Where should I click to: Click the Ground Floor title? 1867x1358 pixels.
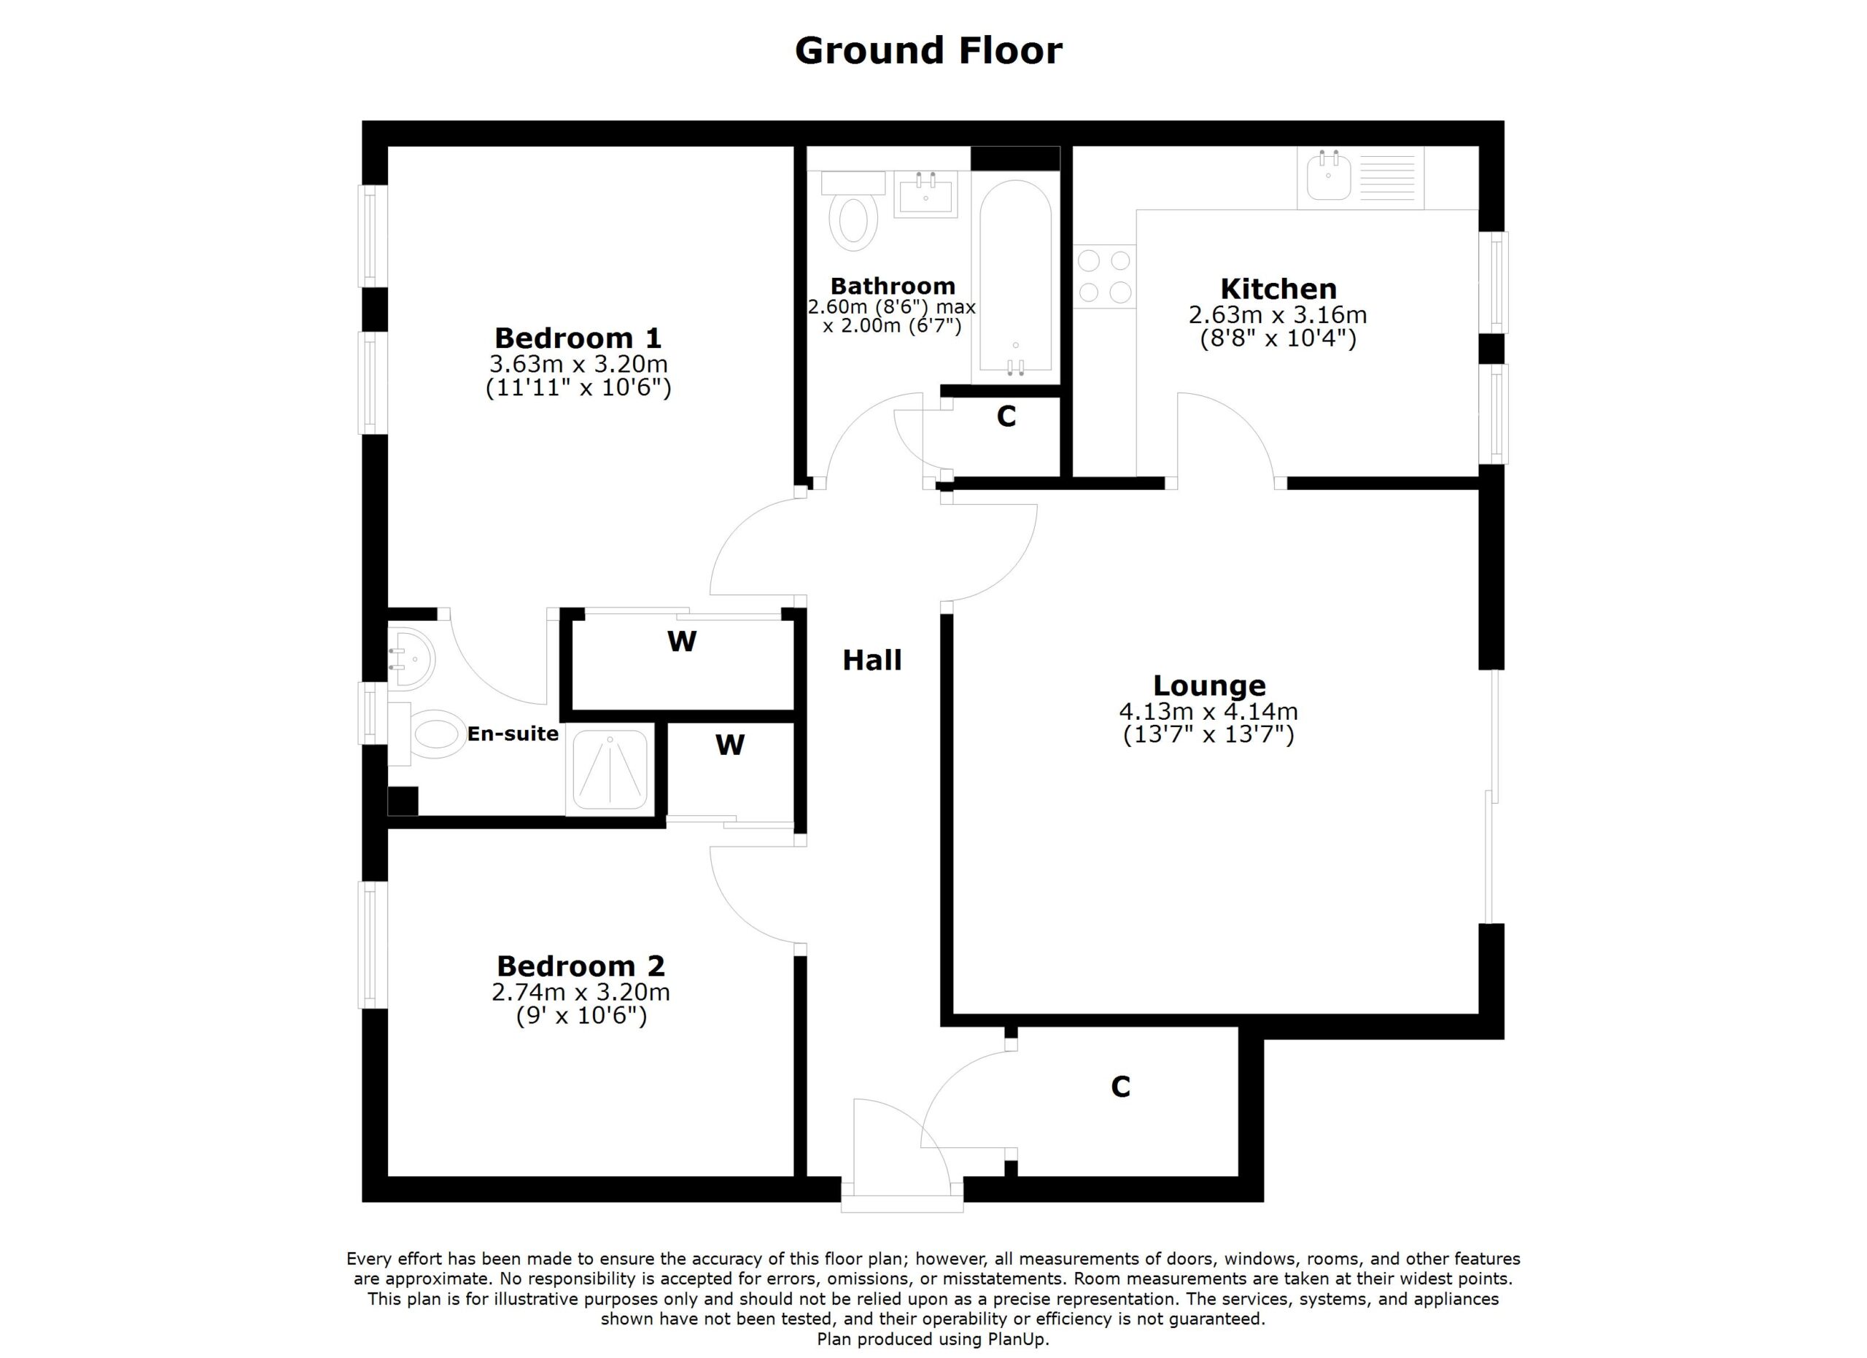pos(928,51)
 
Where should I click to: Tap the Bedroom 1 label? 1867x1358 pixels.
pos(578,338)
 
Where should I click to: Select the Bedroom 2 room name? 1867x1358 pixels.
pos(581,966)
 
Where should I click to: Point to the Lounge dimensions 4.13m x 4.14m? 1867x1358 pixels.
pos(1208,711)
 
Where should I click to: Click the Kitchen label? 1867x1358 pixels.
pos(1278,289)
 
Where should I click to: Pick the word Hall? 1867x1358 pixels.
pos(872,660)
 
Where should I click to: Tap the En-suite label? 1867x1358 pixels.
pos(513,734)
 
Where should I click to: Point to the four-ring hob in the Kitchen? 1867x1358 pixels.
pos(1105,276)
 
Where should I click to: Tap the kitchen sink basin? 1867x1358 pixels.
pos(1327,179)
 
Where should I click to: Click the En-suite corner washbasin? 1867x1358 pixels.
pos(410,659)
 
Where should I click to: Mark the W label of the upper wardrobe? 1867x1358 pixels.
pos(682,641)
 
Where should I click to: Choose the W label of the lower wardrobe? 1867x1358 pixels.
pos(729,745)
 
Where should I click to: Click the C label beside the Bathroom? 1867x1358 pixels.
pos(1006,417)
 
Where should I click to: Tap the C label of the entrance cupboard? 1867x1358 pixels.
pos(1119,1087)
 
